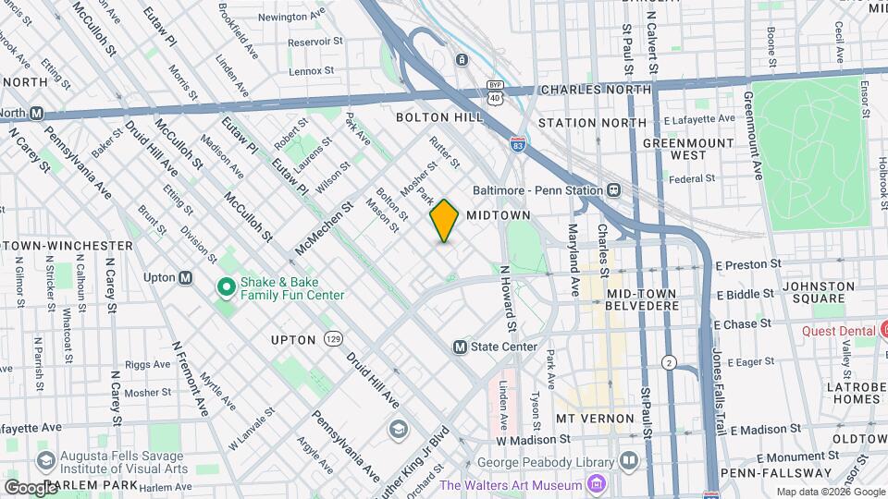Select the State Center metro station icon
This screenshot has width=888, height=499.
coord(460,347)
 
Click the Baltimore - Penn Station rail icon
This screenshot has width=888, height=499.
coord(612,189)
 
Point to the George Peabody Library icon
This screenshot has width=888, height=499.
coord(629,459)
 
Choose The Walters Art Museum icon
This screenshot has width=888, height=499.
coord(597,485)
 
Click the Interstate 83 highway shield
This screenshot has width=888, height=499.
coord(520,144)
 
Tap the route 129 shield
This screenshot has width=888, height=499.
coord(333,340)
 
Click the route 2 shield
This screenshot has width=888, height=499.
coord(668,361)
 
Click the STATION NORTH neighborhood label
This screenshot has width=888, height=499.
coord(592,123)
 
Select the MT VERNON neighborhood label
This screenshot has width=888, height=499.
coord(593,419)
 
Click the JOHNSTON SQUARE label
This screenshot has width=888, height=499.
coord(819,292)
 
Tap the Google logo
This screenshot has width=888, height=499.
coord(31,487)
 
